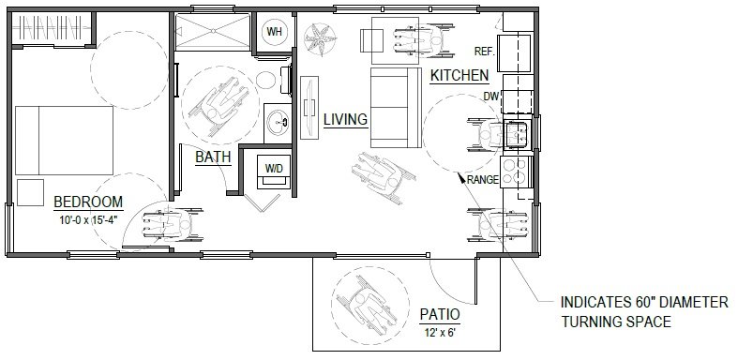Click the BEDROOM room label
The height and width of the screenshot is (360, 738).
(89, 202)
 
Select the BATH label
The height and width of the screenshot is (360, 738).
(213, 157)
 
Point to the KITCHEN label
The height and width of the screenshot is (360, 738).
(459, 75)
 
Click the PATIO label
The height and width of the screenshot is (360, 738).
(439, 314)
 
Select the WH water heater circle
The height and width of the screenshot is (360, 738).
(276, 32)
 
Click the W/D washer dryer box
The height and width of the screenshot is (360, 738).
(275, 170)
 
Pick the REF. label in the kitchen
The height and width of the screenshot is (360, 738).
(485, 52)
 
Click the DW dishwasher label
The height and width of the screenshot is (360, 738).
(492, 96)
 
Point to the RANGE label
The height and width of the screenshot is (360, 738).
(482, 178)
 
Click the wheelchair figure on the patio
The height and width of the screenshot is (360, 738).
(361, 300)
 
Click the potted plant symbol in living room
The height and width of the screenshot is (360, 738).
(321, 37)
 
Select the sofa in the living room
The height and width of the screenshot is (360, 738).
(392, 108)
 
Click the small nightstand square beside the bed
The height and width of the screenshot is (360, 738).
(32, 190)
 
